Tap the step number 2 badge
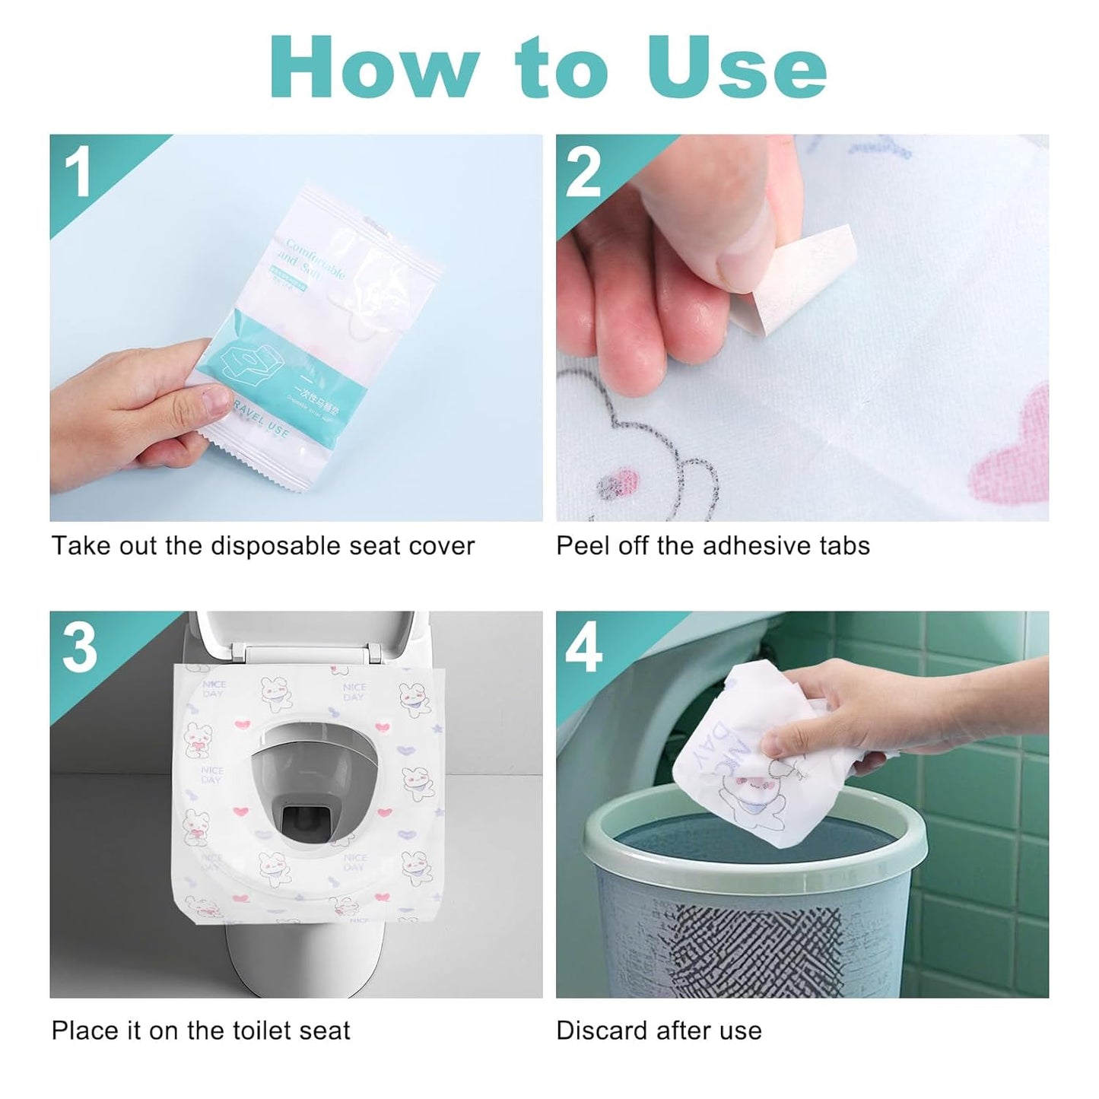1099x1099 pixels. pyautogui.click(x=584, y=173)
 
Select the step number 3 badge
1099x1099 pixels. pyautogui.click(x=80, y=649)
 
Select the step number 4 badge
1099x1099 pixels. pyautogui.click(x=584, y=649)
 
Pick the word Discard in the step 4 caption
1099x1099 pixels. pyautogui.click(x=596, y=1031)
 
